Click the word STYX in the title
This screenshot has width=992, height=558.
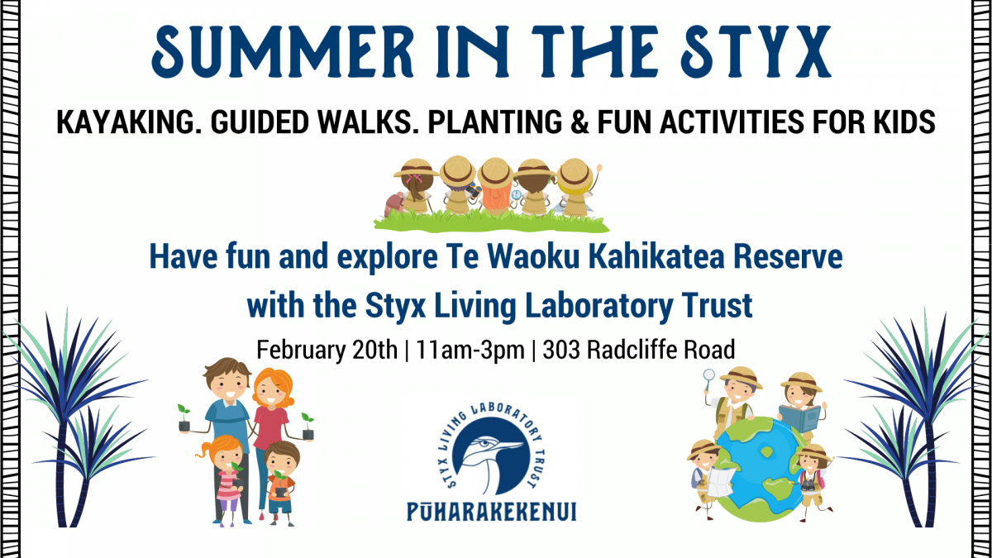[756, 52]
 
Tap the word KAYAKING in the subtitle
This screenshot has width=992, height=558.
[126, 122]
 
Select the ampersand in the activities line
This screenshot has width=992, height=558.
[579, 122]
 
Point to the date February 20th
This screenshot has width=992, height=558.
[327, 350]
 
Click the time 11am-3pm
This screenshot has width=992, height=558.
[470, 351]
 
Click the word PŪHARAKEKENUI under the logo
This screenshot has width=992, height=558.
[492, 512]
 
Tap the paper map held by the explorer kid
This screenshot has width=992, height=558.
[721, 482]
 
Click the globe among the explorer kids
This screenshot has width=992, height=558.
[761, 469]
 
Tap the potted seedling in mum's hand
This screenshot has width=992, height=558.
[308, 426]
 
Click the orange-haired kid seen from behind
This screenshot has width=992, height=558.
[495, 187]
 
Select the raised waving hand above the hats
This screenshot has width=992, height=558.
[599, 169]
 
